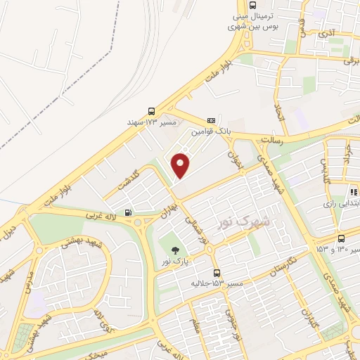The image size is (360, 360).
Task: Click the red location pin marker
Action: [x=181, y=166]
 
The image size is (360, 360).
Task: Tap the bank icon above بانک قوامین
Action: [x=211, y=120]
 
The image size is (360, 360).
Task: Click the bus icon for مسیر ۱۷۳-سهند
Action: [x=152, y=111]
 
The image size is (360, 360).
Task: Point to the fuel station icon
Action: [x=127, y=212]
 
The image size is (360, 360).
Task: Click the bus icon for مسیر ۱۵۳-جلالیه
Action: [x=217, y=272]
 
